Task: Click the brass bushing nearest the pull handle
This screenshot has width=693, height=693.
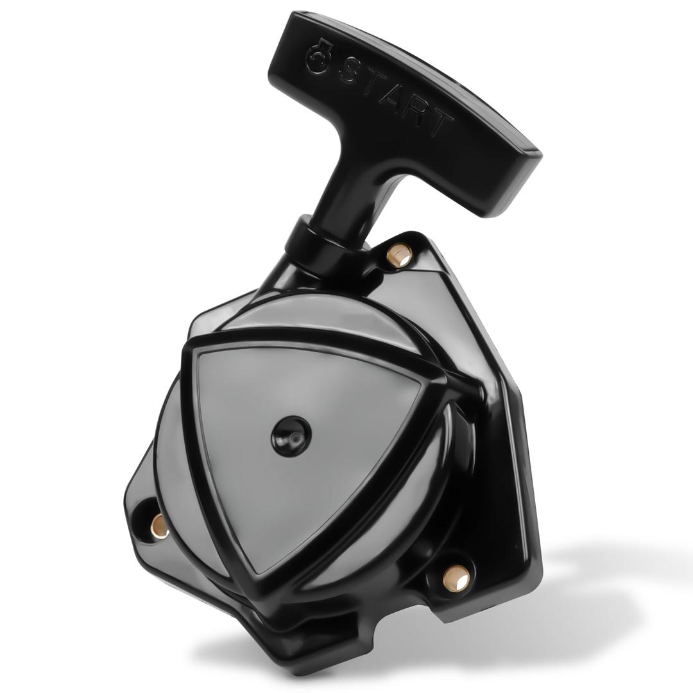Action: click(x=400, y=255)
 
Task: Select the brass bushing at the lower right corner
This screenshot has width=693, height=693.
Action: click(x=456, y=577)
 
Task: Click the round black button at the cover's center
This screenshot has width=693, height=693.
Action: click(x=291, y=435)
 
